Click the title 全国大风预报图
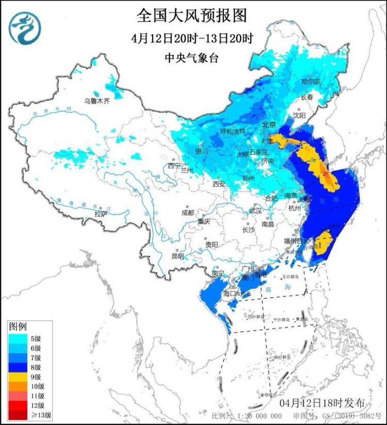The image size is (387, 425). [192, 16]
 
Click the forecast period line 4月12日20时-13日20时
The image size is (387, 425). [192, 38]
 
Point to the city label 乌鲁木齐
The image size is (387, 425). [98, 101]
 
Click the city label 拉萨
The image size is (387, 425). [101, 213]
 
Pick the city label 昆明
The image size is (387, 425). [178, 256]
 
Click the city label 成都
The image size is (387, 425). [188, 212]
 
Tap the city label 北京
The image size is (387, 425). [269, 125]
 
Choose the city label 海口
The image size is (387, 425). [229, 294]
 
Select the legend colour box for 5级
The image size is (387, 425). [17, 339]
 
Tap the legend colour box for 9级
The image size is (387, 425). [17, 376]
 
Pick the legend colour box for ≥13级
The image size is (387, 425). [17, 415]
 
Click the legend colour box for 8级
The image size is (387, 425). [17, 367]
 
